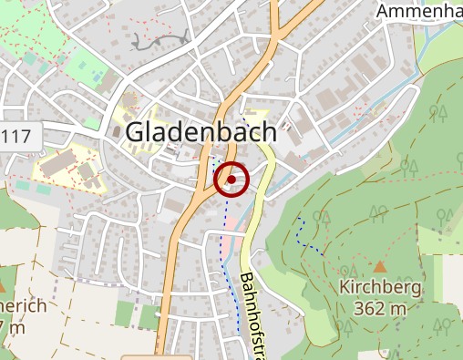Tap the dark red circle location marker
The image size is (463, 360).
pyautogui.click(x=232, y=180)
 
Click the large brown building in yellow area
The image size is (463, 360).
pyautogui.click(x=58, y=163)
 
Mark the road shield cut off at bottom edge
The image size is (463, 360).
pyautogui.click(x=155, y=356)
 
